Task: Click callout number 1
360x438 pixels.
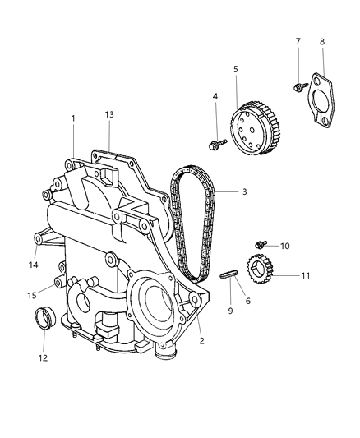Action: (72, 118)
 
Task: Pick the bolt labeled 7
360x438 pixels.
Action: (298, 85)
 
